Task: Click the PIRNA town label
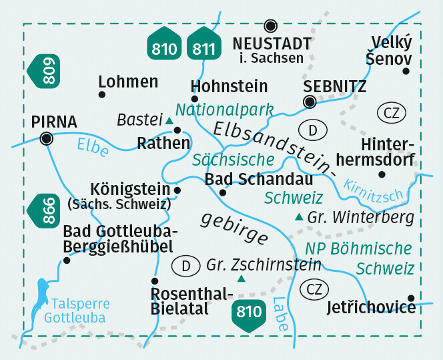click(x=54, y=122)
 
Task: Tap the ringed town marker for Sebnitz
click(x=310, y=102)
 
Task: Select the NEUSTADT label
click(x=272, y=44)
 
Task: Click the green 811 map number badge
click(x=204, y=46)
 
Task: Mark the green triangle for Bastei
click(x=169, y=121)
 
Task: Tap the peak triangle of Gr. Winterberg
click(x=298, y=217)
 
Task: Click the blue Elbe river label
click(x=93, y=146)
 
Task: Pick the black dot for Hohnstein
click(x=195, y=99)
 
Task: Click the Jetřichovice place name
click(x=371, y=308)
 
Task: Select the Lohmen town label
click(x=127, y=82)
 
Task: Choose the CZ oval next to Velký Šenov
click(x=391, y=112)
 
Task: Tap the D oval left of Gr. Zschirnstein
click(x=187, y=266)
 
